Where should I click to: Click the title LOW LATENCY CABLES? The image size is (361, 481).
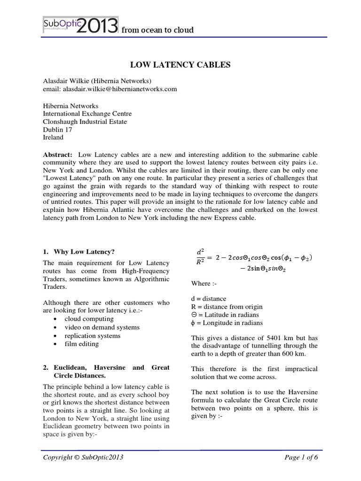[x=180, y=65]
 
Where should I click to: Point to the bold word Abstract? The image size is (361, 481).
[x=58, y=155]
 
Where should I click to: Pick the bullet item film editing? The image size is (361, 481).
[x=82, y=344]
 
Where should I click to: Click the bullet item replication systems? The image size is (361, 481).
[x=93, y=335]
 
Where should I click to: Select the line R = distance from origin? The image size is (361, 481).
[x=228, y=307]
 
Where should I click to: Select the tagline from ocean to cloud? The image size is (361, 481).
[x=157, y=30]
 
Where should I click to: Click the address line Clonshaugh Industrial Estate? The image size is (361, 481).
[x=85, y=122]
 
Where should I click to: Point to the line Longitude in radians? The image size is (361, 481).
[x=230, y=323]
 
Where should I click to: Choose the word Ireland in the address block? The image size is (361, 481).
[x=53, y=138]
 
